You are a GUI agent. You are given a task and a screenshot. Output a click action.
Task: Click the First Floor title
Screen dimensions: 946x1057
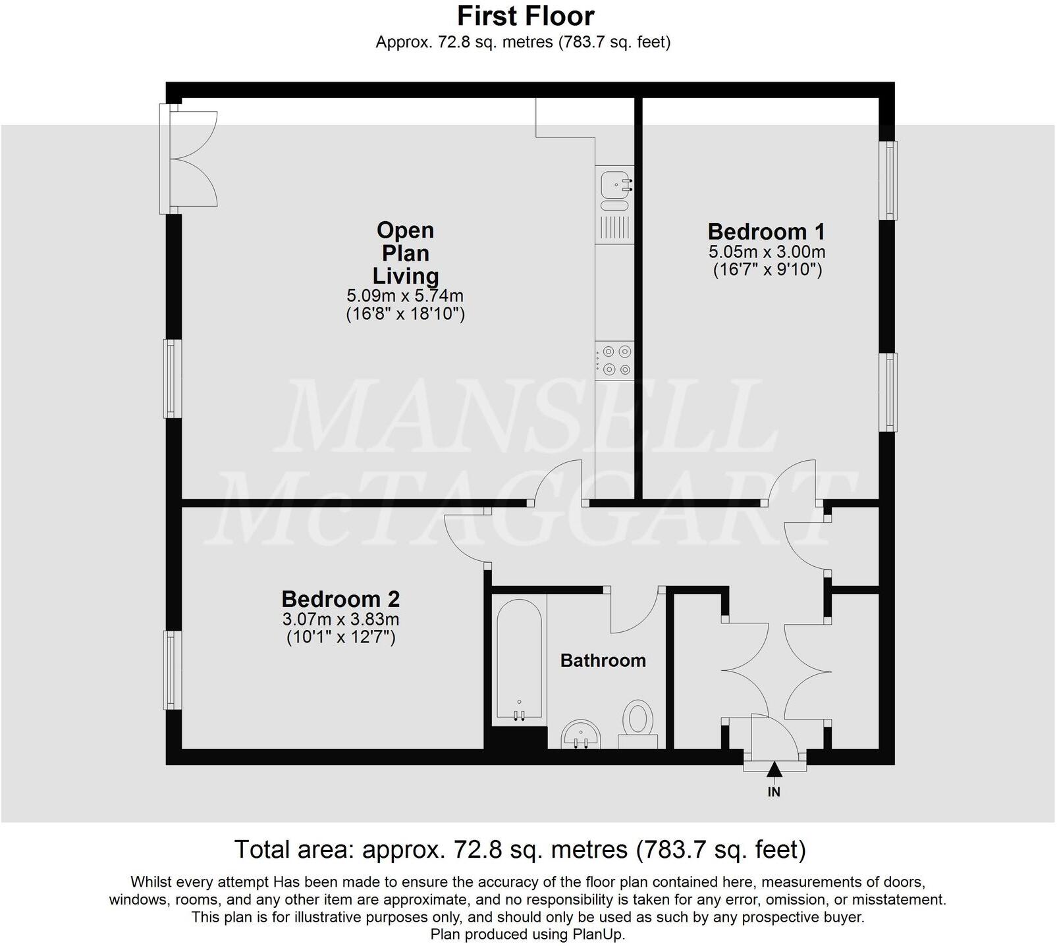click(x=525, y=16)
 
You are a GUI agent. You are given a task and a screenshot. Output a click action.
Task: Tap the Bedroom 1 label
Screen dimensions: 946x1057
click(x=766, y=232)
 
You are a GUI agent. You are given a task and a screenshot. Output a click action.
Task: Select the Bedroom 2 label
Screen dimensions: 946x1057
click(x=340, y=599)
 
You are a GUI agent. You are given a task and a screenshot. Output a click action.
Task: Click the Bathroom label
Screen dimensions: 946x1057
click(x=603, y=660)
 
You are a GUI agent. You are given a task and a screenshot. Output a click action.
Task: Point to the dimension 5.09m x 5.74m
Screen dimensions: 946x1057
click(x=405, y=296)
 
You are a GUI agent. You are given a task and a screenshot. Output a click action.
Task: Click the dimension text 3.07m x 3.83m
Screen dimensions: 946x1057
click(x=340, y=619)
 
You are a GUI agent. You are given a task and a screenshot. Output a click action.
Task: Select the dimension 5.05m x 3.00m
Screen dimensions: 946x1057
click(x=767, y=251)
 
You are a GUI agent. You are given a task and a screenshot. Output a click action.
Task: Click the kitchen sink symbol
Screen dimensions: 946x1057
click(x=614, y=184)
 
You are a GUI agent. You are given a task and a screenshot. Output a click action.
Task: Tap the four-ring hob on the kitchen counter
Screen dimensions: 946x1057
click(x=614, y=360)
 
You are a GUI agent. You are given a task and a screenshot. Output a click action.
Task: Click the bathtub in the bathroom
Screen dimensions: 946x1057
click(x=520, y=658)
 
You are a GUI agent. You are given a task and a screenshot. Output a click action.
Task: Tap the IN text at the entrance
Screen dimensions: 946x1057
click(x=774, y=792)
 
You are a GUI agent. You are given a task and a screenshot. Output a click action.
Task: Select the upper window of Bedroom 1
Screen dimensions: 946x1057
click(x=890, y=180)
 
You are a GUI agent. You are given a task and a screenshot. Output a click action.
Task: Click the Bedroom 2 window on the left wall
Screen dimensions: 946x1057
click(x=173, y=670)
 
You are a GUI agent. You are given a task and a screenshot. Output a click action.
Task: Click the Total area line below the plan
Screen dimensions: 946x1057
click(x=520, y=850)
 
